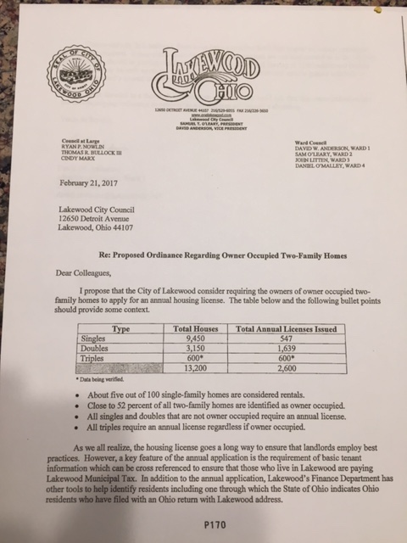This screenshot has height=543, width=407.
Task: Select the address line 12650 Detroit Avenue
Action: point(96,218)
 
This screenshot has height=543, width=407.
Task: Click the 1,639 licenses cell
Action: point(287,346)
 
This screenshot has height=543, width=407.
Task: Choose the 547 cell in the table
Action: point(287,336)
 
